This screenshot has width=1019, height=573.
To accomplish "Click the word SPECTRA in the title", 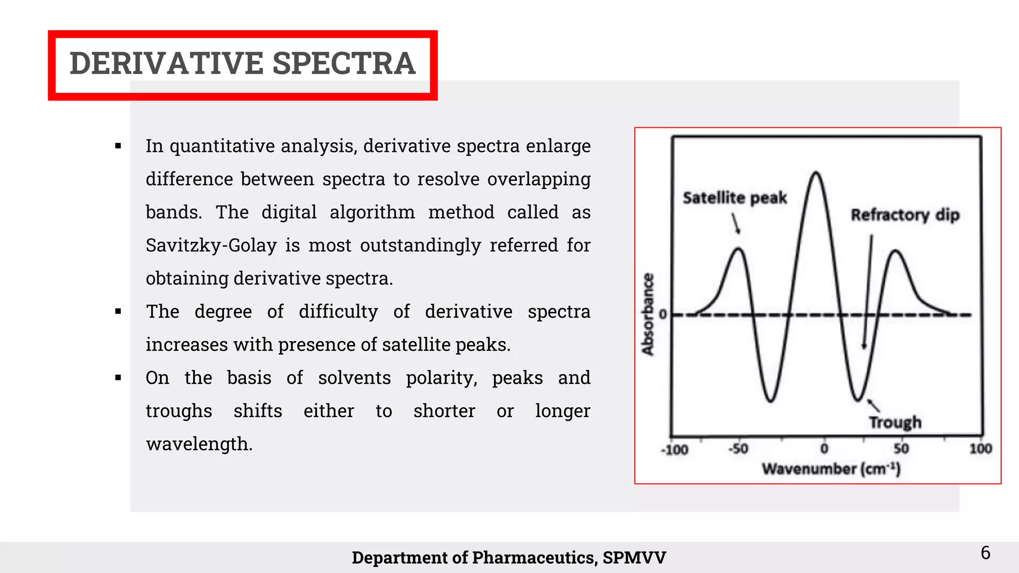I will [x=344, y=64].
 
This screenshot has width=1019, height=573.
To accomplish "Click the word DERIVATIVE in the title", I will [x=167, y=64].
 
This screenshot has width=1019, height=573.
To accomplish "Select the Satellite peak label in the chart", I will [x=734, y=198].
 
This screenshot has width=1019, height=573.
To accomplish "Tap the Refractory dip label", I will [x=905, y=215].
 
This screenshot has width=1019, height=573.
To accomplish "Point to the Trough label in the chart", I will [x=895, y=422].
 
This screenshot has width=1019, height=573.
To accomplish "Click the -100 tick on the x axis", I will [x=675, y=450].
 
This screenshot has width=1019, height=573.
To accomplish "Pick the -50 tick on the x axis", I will [x=738, y=449].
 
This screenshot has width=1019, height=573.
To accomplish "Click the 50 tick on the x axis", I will [x=901, y=449].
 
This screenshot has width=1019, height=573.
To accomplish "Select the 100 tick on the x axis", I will [x=980, y=449].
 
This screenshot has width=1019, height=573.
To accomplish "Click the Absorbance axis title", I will [x=647, y=314].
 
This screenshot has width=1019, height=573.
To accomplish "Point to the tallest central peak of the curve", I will [x=816, y=174].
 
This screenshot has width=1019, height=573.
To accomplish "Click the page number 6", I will [x=985, y=553].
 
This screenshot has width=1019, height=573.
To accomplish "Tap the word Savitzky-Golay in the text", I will [x=211, y=246].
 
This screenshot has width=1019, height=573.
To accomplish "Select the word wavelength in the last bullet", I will [x=199, y=444].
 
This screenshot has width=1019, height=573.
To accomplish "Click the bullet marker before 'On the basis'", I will [x=118, y=378].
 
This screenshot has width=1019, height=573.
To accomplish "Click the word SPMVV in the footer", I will [x=634, y=558].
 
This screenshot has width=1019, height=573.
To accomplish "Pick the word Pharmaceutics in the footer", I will [x=534, y=558].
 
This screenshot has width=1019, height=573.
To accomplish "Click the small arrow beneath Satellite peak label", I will [x=736, y=224].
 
